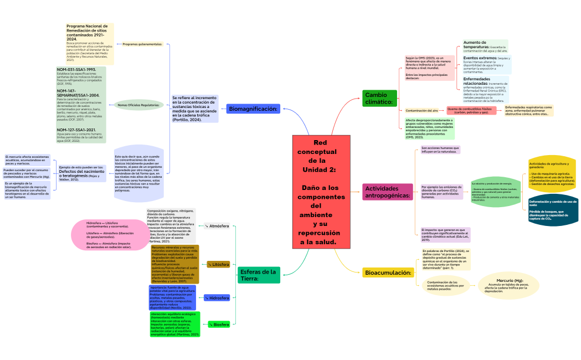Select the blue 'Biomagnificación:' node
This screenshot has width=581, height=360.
point(253,109)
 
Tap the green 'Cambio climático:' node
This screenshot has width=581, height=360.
point(379,98)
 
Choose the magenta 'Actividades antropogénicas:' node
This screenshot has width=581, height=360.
point(388,192)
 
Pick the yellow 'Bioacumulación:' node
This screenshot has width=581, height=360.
point(388,272)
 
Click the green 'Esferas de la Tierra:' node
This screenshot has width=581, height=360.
point(258,275)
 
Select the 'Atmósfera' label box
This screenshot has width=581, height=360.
point(217,226)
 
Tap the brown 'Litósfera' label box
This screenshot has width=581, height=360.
point(218,265)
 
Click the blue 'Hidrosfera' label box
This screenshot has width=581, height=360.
point(217,298)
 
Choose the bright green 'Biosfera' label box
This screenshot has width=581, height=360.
point(218,325)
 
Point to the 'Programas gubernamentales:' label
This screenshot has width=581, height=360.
point(142,44)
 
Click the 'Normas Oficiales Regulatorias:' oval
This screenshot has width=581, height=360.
point(138,105)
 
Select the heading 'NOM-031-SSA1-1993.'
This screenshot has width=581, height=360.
point(76,70)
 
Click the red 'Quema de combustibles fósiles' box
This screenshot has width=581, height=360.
point(471,111)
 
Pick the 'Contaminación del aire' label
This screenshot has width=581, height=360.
point(422,111)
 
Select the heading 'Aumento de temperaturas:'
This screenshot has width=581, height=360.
point(475,45)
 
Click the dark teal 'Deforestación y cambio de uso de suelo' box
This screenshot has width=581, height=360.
point(552,210)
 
